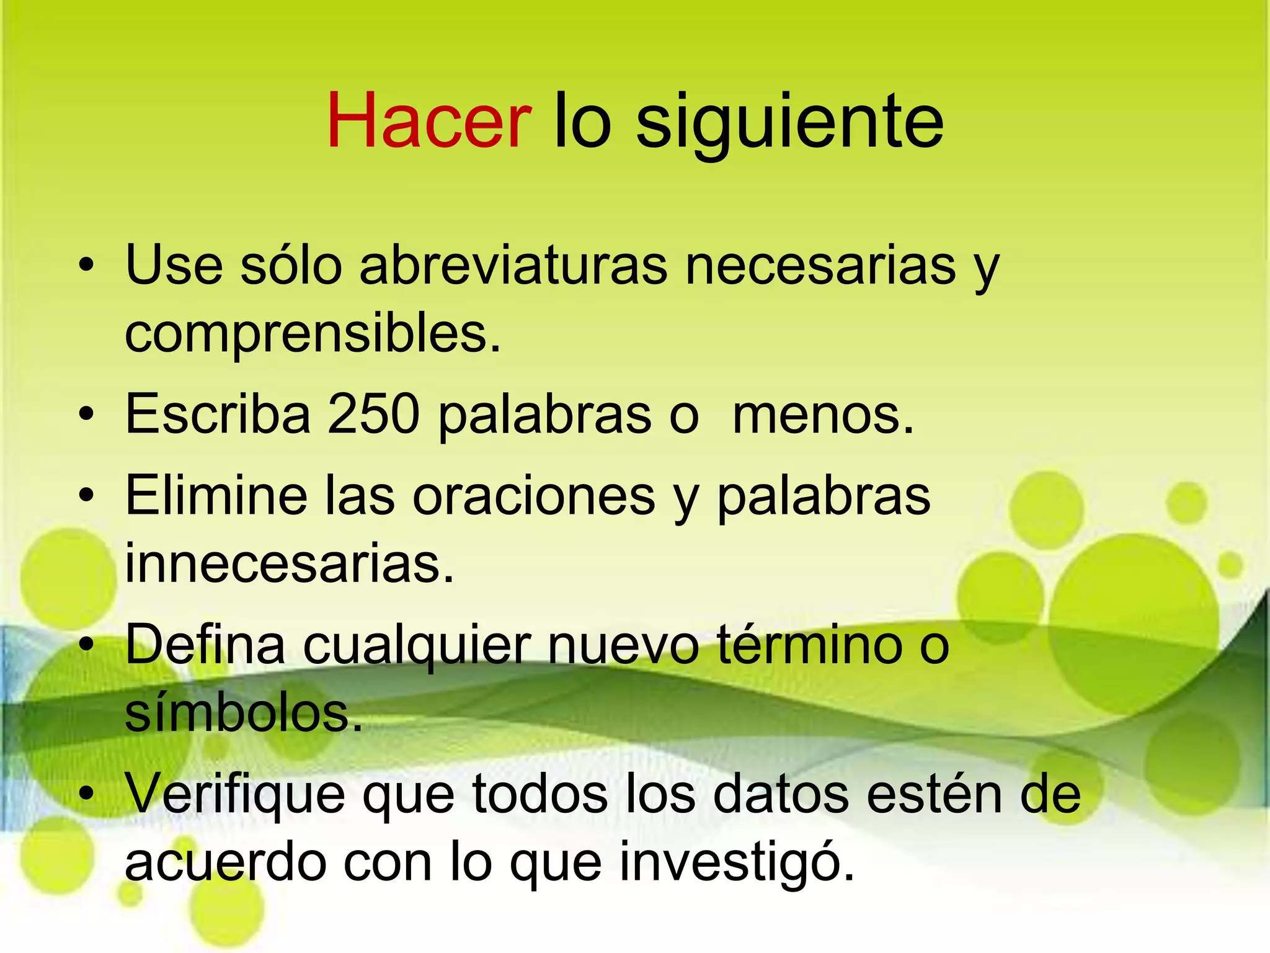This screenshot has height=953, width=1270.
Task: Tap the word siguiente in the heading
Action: pos(789,123)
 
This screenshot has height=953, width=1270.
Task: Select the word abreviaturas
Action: pos(513,266)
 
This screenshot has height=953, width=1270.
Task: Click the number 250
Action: pos(373,414)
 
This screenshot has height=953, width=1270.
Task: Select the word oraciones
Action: pos(534,496)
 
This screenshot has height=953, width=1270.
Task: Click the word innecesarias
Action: pos(290,563)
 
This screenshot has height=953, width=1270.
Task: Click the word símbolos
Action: pos(243,713)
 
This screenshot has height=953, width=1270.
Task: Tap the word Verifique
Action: pos(235,794)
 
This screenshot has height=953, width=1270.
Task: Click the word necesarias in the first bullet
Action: pos(820,266)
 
